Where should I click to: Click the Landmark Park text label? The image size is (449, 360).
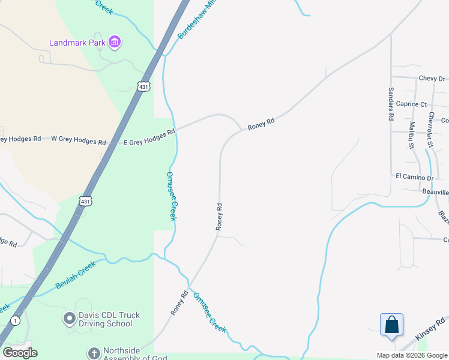tap(77, 43)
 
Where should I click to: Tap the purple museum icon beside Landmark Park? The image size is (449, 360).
tap(115, 42)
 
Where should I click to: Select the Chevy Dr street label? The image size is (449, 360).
tap(432, 79)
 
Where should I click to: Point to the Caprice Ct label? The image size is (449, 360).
tap(411, 104)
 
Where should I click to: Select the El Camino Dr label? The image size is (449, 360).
tap(414, 177)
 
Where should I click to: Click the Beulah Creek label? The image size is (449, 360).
tap(76, 275)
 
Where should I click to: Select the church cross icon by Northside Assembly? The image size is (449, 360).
tap(93, 353)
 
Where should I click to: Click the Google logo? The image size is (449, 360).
tap(20, 353)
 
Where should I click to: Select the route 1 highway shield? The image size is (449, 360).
tap(15, 321)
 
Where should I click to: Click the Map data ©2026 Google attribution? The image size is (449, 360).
tap(412, 355)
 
